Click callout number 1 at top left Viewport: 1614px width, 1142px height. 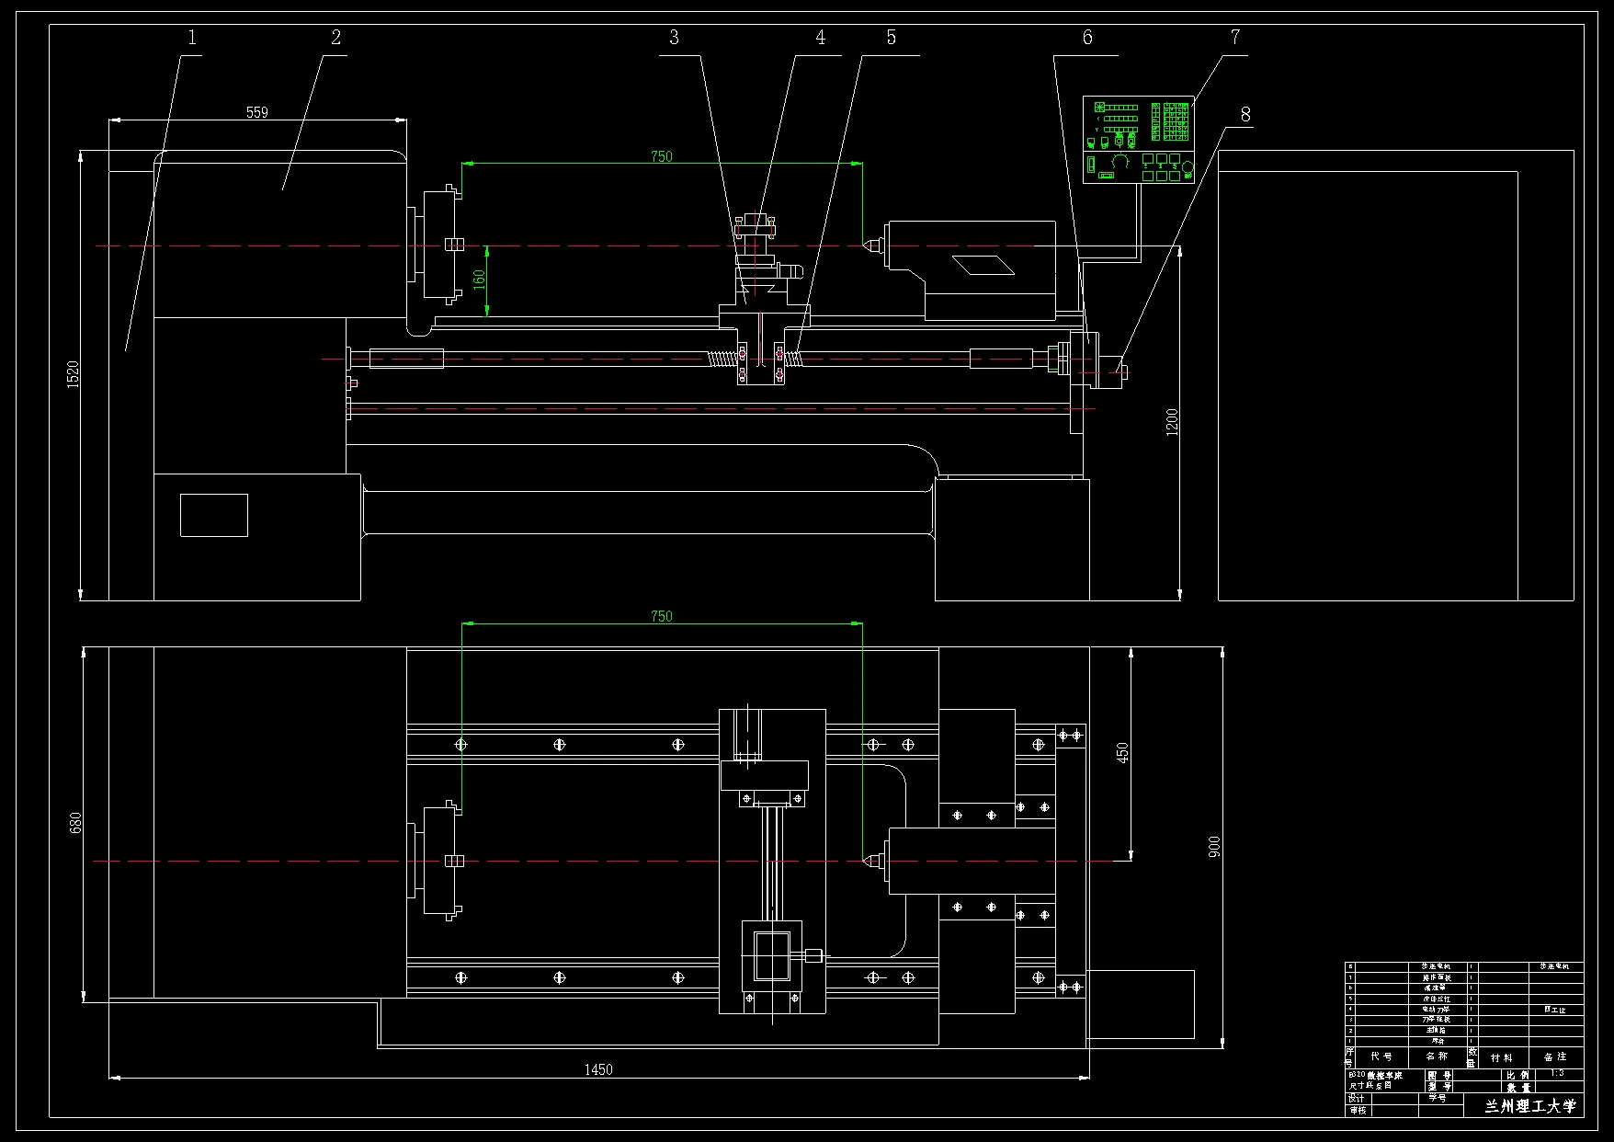192,38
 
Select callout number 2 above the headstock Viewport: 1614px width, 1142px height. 336,38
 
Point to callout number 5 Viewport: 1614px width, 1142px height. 891,38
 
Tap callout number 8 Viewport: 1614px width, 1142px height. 1245,115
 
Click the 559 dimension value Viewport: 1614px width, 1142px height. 257,112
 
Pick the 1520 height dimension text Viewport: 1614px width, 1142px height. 74,373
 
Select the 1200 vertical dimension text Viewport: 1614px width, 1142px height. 1172,422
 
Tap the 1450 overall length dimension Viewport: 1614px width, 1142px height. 598,1069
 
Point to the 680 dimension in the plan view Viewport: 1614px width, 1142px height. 76,822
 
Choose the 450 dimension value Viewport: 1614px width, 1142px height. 1122,753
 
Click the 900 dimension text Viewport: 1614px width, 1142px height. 1214,847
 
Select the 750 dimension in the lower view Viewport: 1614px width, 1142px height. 662,616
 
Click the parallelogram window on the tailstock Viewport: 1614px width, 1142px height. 983,266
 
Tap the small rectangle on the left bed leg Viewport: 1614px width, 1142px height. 214,515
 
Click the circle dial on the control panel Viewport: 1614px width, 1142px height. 1188,167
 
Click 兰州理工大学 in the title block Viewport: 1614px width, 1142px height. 1529,1106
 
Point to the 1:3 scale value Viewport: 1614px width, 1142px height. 1557,1073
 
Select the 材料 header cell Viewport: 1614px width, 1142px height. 1502,1057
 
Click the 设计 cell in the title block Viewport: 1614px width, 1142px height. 1357,1099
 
